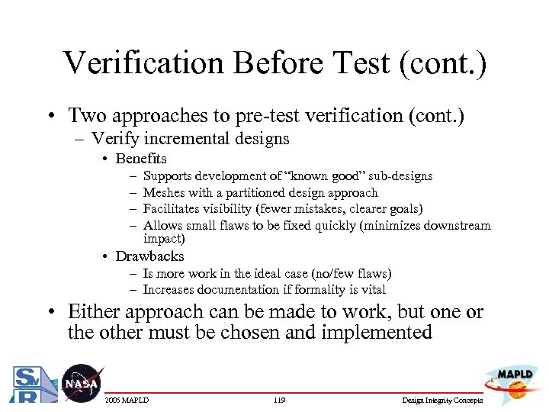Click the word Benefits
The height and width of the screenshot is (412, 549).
tap(141, 159)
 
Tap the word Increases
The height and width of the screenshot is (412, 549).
tap(169, 290)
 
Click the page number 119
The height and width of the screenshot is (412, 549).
tap(279, 401)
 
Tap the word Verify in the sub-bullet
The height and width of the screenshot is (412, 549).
tap(113, 139)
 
